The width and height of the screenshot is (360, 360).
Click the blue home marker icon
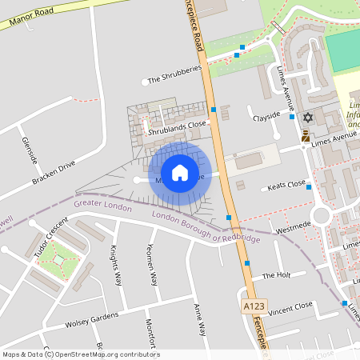tap(180, 172)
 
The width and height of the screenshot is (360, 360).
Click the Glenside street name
tap(30, 150)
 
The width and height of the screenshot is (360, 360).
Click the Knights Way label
tap(117, 266)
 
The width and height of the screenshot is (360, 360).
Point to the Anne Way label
tap(199, 318)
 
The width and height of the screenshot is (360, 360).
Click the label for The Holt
tap(275, 275)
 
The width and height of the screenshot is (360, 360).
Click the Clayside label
tap(267, 116)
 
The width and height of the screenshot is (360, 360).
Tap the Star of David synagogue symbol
tap(307, 118)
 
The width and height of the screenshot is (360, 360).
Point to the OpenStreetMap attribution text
tap(81, 354)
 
